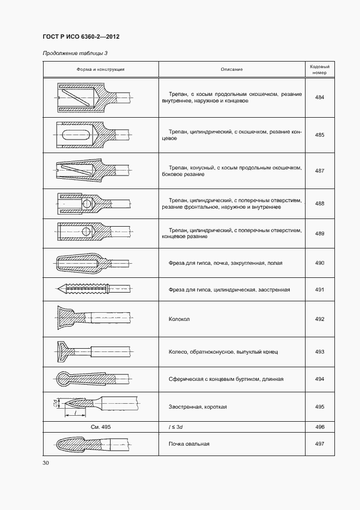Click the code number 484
click(x=319, y=98)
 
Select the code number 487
click(x=319, y=171)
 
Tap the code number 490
click(x=319, y=263)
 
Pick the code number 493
click(x=319, y=352)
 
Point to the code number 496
click(x=319, y=427)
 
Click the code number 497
click(x=319, y=444)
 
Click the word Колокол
click(x=179, y=320)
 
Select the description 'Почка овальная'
click(x=189, y=444)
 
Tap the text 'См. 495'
click(x=101, y=427)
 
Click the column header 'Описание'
click(x=231, y=69)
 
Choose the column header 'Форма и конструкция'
click(x=101, y=69)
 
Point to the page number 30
click(x=46, y=463)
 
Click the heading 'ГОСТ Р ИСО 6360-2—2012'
click(x=81, y=37)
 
